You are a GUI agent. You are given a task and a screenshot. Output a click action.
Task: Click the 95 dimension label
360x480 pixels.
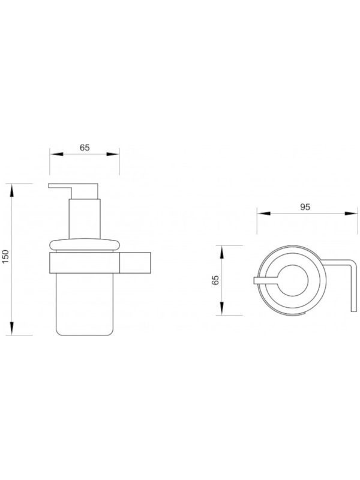[x=305, y=207]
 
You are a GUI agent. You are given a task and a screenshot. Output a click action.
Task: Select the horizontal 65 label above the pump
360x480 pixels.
[x=85, y=148]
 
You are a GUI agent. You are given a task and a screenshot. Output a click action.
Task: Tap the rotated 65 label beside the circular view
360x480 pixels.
[x=216, y=280]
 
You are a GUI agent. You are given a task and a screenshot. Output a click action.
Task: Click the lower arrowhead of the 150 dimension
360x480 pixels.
[x=12, y=328]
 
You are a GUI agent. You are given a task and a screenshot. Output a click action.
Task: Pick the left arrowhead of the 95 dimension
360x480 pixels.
[x=263, y=214]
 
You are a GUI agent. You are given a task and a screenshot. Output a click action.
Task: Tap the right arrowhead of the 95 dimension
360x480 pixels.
[x=351, y=214]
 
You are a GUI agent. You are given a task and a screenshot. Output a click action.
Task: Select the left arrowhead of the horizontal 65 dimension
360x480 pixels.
[x=56, y=154]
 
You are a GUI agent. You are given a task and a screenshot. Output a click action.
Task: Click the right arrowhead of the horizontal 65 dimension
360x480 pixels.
[x=113, y=154]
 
